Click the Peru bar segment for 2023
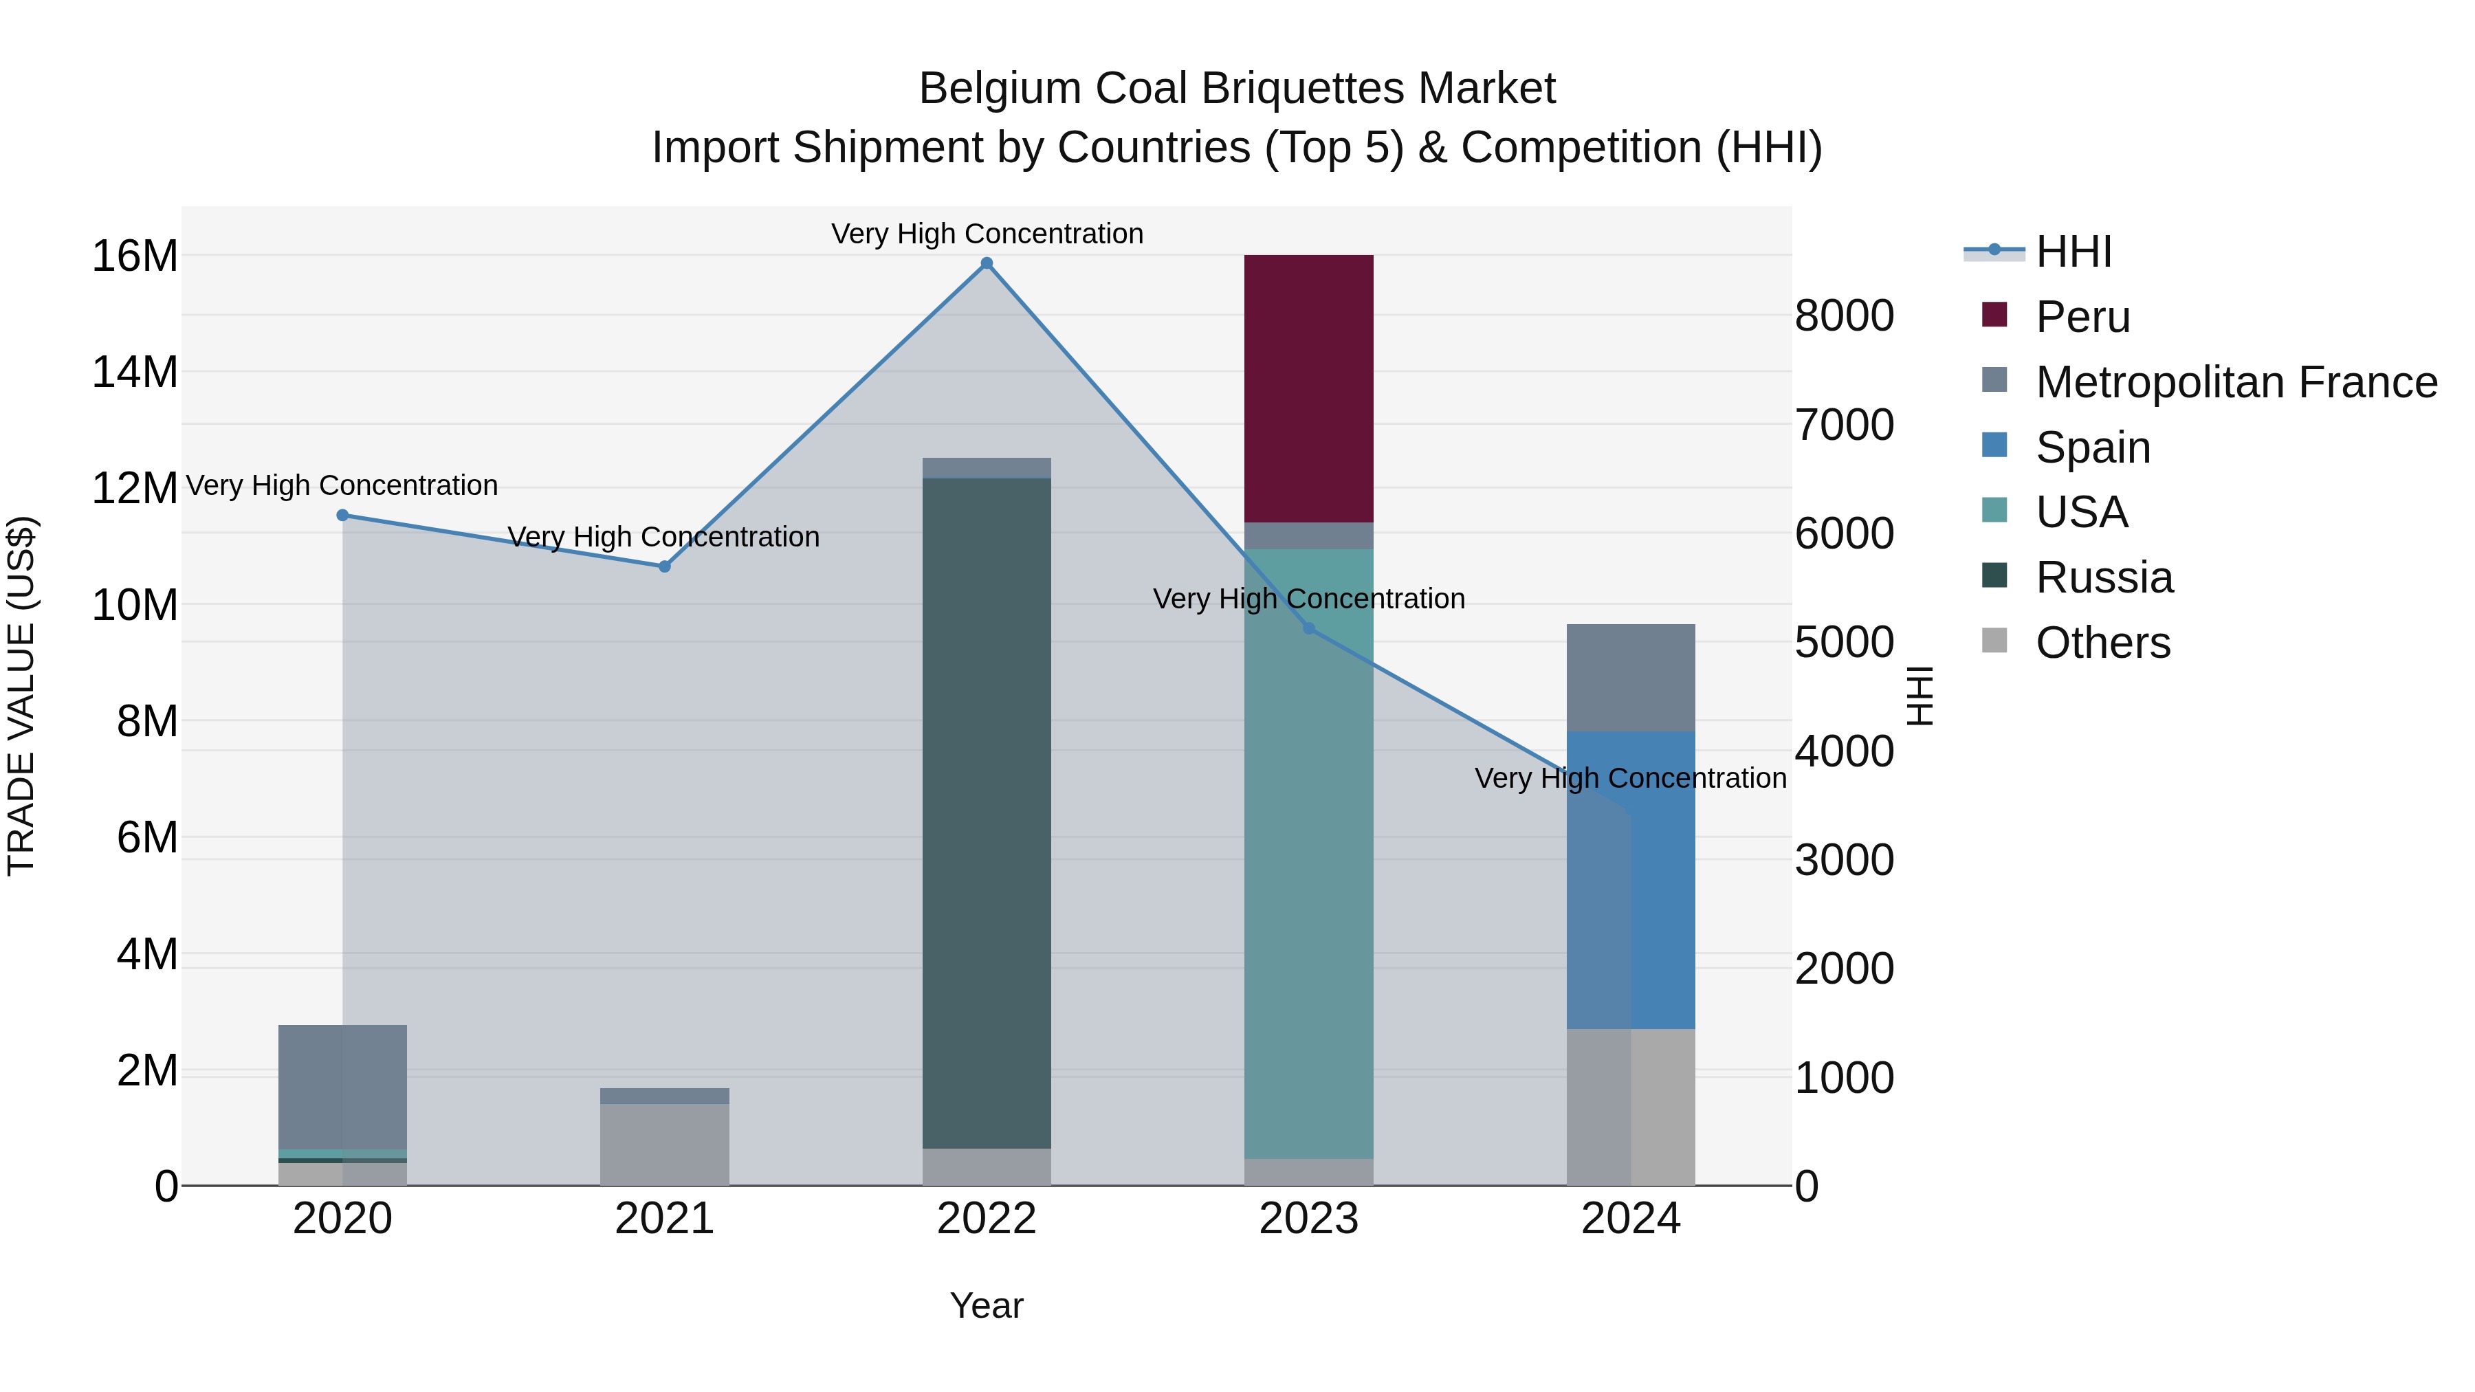tap(1308, 388)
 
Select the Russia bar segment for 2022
tap(986, 813)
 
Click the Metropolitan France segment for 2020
tap(342, 1087)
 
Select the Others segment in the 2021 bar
tap(664, 1144)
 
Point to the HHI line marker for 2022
tap(986, 263)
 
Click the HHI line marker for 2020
tap(342, 515)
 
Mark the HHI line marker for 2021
tap(664, 567)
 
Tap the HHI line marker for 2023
tap(1308, 628)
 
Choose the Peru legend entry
tap(2082, 317)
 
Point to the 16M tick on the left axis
tap(135, 256)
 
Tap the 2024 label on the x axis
tap(1631, 1219)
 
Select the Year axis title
tap(986, 1305)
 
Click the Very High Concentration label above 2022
tap(987, 234)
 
